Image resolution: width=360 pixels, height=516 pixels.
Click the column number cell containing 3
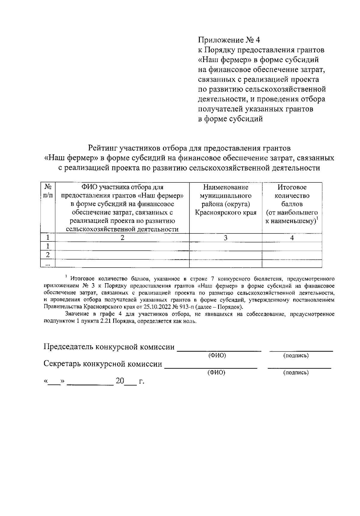(226, 238)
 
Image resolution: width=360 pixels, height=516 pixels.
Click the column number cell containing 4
(292, 238)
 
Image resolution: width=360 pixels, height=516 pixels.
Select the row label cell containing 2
(48, 255)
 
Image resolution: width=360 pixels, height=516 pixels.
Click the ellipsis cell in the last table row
(48, 264)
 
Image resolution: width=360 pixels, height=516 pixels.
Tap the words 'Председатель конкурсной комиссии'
(109, 347)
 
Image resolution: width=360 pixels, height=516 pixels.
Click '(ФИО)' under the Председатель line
(217, 356)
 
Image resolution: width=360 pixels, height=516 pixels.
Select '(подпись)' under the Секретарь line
(296, 373)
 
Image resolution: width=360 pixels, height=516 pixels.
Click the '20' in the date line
(120, 381)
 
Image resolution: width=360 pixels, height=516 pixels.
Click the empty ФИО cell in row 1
(122, 246)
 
